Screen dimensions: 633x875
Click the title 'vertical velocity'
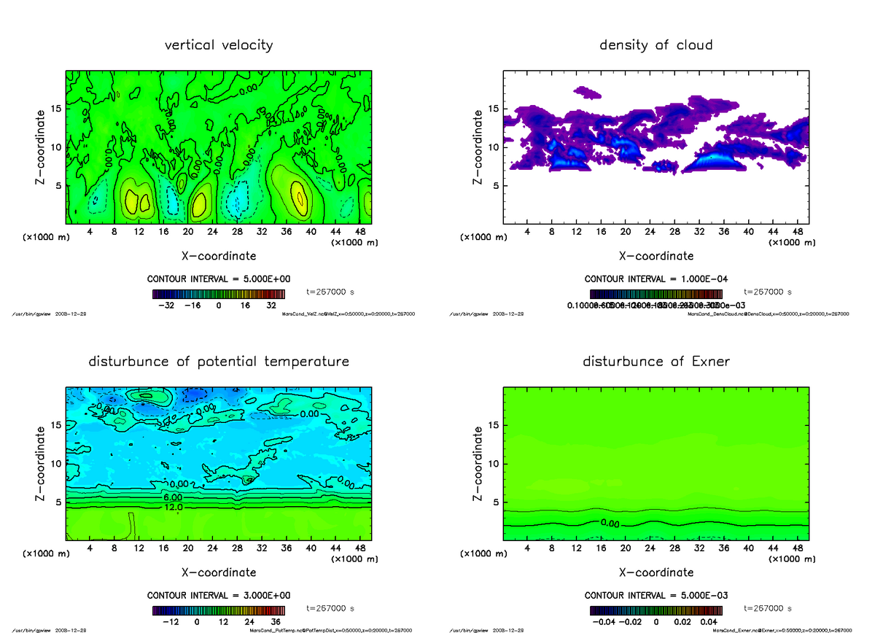219,45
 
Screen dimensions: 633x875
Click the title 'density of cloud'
656,45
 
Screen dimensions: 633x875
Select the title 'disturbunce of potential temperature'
219,362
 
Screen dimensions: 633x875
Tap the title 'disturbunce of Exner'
656,362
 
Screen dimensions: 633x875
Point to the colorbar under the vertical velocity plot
219,294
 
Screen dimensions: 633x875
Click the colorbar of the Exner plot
656,610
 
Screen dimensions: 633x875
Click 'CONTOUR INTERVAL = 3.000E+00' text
219,595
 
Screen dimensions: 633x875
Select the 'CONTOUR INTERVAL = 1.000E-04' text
656,279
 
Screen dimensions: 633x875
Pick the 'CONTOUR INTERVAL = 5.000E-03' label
656,595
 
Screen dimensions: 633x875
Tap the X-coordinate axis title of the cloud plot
656,256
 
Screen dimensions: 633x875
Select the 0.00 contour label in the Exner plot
611,523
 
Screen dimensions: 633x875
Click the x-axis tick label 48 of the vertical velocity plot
359,233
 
